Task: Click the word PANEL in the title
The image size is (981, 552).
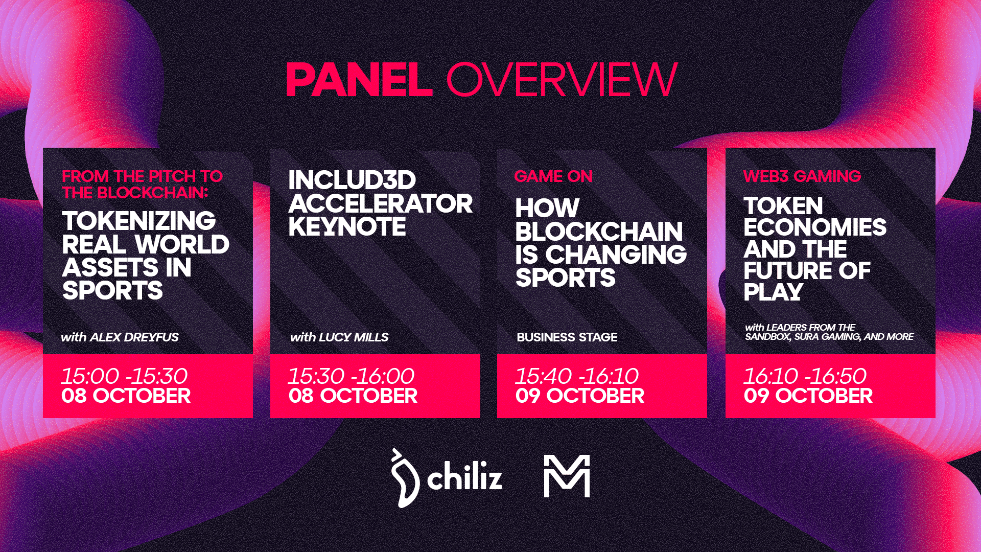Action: coord(359,80)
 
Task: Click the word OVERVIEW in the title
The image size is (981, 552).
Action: coord(562,80)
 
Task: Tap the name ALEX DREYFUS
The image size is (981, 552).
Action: coord(134,337)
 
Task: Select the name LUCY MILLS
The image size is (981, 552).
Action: coord(354,337)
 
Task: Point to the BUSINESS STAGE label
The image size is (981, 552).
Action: coord(567,337)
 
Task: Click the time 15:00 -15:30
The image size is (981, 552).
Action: coord(124,376)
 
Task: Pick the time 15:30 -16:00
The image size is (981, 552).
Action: coord(351,376)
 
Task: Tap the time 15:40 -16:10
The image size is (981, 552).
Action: coord(577,376)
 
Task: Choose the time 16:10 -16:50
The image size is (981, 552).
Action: coord(805,376)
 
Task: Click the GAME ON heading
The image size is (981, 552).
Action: coord(553,176)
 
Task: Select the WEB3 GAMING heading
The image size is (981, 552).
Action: coord(802,176)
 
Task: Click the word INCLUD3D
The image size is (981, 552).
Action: coord(352,180)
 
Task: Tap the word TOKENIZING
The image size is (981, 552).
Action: coord(139,221)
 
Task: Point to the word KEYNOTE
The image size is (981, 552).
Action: coord(347,227)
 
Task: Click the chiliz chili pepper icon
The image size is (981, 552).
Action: coord(405,478)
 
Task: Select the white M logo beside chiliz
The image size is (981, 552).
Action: coord(567,476)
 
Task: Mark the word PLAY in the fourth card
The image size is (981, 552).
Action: coord(773,292)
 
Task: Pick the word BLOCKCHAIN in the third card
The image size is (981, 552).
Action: coord(599,232)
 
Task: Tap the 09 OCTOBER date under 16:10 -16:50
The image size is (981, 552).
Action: coord(808,396)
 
